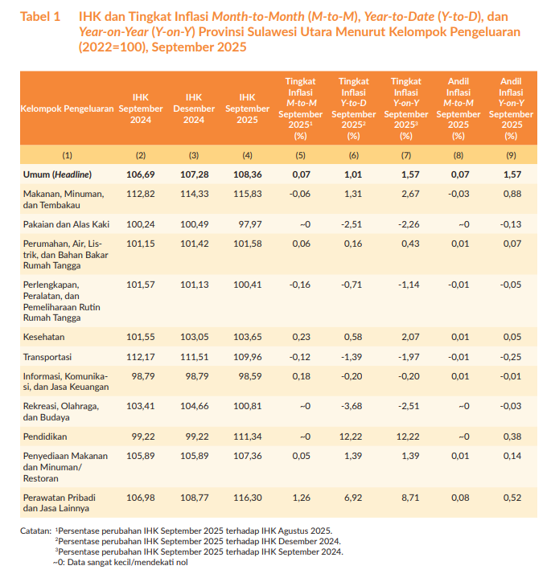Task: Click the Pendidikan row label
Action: click(x=45, y=437)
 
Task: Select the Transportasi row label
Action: click(x=47, y=357)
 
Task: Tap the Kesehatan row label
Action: click(x=43, y=337)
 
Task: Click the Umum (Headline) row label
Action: click(x=57, y=174)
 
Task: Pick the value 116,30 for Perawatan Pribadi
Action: click(x=248, y=498)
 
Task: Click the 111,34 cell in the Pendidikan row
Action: click(x=248, y=437)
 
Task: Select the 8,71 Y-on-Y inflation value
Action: click(x=410, y=498)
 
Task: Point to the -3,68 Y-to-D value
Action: click(x=351, y=406)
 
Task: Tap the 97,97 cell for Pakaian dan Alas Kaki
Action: click(x=250, y=224)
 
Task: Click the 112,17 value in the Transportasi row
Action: click(x=141, y=357)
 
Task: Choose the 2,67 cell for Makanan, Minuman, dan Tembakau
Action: click(x=410, y=194)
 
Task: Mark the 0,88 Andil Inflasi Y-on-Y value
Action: click(x=512, y=194)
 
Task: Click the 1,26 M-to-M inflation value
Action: click(x=301, y=498)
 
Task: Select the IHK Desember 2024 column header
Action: click(x=194, y=109)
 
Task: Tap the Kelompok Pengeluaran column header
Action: click(x=67, y=109)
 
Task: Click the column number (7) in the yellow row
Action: click(x=406, y=156)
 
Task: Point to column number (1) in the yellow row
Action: click(x=67, y=156)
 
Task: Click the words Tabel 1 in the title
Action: click(x=40, y=17)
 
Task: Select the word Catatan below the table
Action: click(x=36, y=531)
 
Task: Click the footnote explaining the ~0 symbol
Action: click(x=120, y=563)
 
